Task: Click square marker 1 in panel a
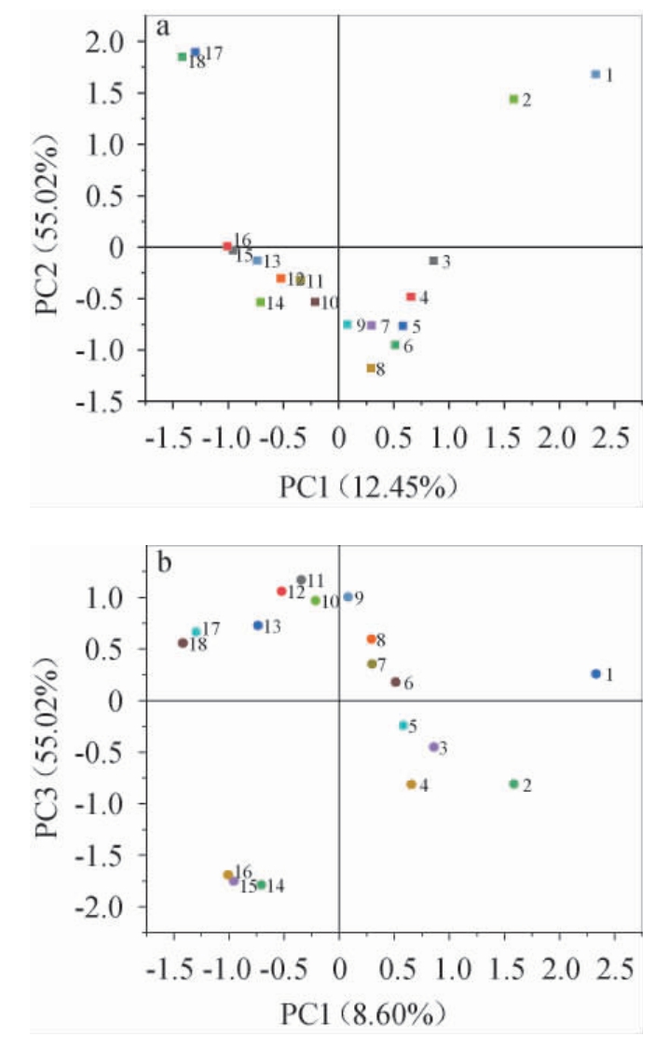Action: tap(595, 74)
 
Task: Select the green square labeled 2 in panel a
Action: tap(513, 99)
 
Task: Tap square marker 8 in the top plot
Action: tap(371, 368)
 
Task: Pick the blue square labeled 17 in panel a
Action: tap(195, 52)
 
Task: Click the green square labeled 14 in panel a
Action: tap(260, 302)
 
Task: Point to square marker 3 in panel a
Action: tap(433, 261)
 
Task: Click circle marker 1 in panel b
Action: tap(595, 674)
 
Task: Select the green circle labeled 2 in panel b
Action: tap(513, 784)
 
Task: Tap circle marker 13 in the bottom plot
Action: tap(258, 625)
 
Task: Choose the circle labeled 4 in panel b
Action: tap(411, 784)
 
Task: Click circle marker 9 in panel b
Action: tap(348, 596)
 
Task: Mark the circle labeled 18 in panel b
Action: tap(183, 643)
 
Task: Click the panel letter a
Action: tap(163, 26)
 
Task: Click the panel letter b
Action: tap(164, 564)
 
